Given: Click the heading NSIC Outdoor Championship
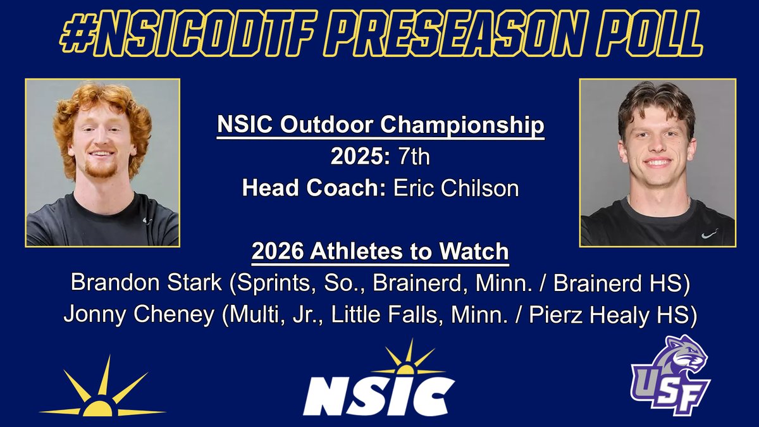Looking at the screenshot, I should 380,125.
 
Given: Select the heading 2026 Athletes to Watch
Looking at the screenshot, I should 380,251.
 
